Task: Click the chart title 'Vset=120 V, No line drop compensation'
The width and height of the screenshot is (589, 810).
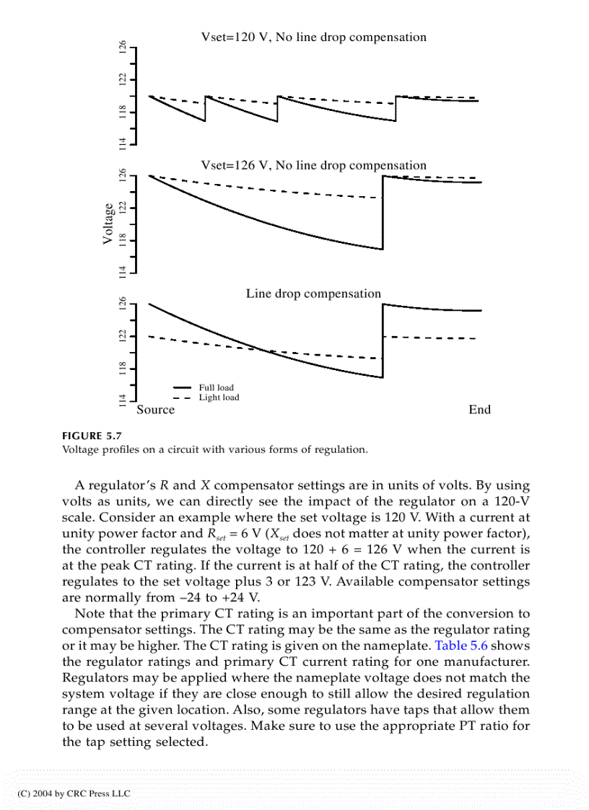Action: pos(313,38)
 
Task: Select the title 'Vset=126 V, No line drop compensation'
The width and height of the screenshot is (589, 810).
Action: pos(313,166)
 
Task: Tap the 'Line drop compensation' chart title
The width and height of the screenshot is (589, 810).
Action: pos(313,294)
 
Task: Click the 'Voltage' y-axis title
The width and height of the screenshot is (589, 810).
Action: pos(108,224)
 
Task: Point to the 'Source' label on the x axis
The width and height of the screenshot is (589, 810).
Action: pos(156,410)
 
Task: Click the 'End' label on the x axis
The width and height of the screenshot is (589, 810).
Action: pos(479,410)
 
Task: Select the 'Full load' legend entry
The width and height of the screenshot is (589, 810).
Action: pos(217,387)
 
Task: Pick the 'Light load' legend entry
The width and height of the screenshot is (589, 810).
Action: pos(219,397)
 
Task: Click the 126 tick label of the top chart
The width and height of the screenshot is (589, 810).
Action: pos(123,48)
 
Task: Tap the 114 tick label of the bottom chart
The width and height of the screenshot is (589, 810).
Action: pos(123,400)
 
